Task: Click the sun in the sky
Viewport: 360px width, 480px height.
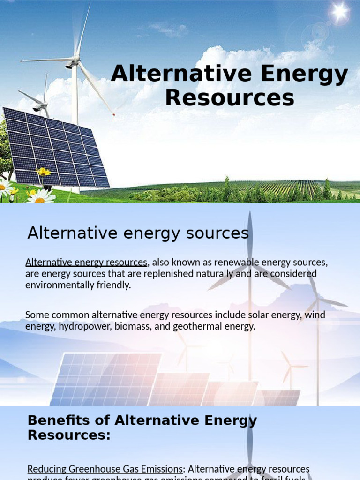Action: coord(339,13)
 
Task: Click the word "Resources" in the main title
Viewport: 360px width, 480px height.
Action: coord(230,98)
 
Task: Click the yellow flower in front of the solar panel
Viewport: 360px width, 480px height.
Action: coord(44,172)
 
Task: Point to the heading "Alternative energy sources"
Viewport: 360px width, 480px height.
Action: coord(138,232)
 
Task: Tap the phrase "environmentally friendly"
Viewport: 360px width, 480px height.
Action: coord(78,285)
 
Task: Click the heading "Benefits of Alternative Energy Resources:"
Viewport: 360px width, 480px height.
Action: coord(142,427)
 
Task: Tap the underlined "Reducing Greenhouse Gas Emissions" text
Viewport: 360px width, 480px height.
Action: coord(105,469)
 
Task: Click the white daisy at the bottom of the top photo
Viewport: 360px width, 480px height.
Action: coord(40,197)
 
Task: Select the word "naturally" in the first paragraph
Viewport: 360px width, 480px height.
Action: coord(213,273)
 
